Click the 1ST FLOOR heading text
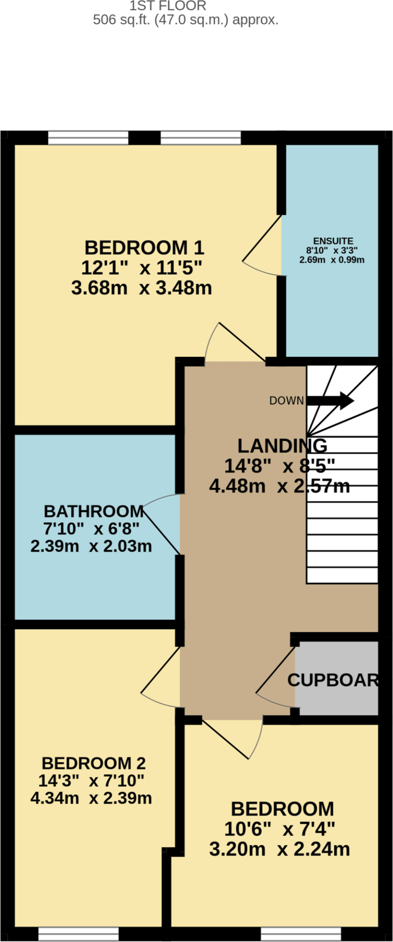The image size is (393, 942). pyautogui.click(x=168, y=6)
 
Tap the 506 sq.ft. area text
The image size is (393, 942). pyautogui.click(x=186, y=20)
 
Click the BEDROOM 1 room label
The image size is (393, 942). pyautogui.click(x=144, y=248)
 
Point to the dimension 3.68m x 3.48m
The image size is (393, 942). pyautogui.click(x=142, y=288)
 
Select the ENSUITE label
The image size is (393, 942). pyautogui.click(x=333, y=241)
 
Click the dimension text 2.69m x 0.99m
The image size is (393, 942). pyautogui.click(x=332, y=260)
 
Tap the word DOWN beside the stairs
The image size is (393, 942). pyautogui.click(x=286, y=401)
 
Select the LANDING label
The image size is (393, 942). pyautogui.click(x=282, y=445)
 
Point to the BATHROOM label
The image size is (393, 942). pyautogui.click(x=94, y=511)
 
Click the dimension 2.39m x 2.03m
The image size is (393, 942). pyautogui.click(x=91, y=546)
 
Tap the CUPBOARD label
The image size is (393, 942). pyautogui.click(x=333, y=680)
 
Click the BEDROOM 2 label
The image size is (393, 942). pyautogui.click(x=94, y=763)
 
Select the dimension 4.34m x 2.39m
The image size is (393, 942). pyautogui.click(x=91, y=798)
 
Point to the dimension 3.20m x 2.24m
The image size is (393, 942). pyautogui.click(x=279, y=849)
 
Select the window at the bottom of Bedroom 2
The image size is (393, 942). pyautogui.click(x=79, y=934)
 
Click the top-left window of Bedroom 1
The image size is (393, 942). pyautogui.click(x=88, y=138)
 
